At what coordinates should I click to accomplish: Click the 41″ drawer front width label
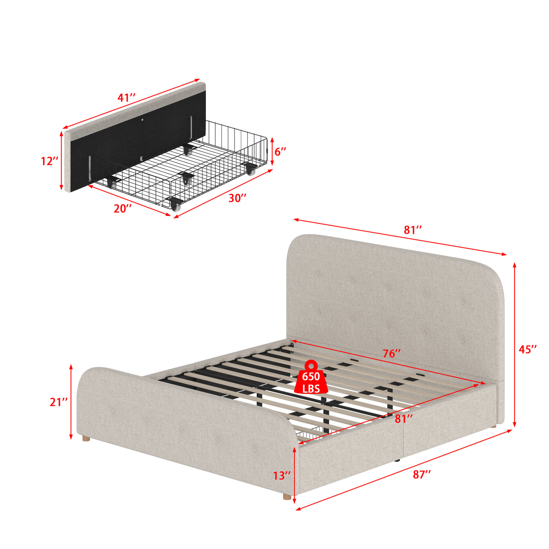coord(127,98)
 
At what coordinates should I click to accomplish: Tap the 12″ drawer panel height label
coord(49,161)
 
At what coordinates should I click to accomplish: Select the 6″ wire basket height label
coord(280,152)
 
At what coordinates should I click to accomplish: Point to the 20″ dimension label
coord(122,209)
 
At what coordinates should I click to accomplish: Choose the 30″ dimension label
coord(237,198)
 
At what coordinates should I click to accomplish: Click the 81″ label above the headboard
coord(413,230)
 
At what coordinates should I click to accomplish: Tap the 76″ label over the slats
coord(392,354)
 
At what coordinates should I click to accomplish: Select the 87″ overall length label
coord(422,474)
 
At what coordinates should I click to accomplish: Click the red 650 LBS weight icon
coord(311,377)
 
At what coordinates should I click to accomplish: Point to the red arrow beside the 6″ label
coord(272,151)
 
